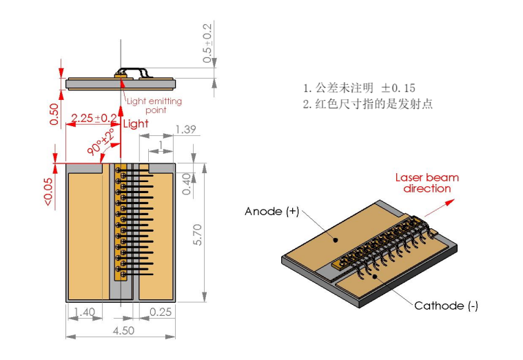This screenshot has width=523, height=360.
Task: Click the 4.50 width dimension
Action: click(120, 330)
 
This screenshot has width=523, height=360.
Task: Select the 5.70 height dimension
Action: click(197, 234)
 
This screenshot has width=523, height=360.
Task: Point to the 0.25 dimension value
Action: click(161, 312)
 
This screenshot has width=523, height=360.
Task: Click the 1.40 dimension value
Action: click(84, 312)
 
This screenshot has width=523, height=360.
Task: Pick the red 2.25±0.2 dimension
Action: click(94, 118)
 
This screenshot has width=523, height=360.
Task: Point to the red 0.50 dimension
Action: click(54, 114)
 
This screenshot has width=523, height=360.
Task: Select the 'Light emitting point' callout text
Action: click(154, 106)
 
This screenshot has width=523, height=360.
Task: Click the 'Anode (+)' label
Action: click(271, 212)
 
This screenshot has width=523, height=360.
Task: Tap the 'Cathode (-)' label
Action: click(446, 306)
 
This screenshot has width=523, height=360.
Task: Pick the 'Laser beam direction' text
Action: click(427, 183)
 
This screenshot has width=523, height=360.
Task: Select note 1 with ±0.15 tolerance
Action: click(359, 88)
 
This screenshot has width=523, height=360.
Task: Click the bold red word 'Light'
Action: click(135, 124)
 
